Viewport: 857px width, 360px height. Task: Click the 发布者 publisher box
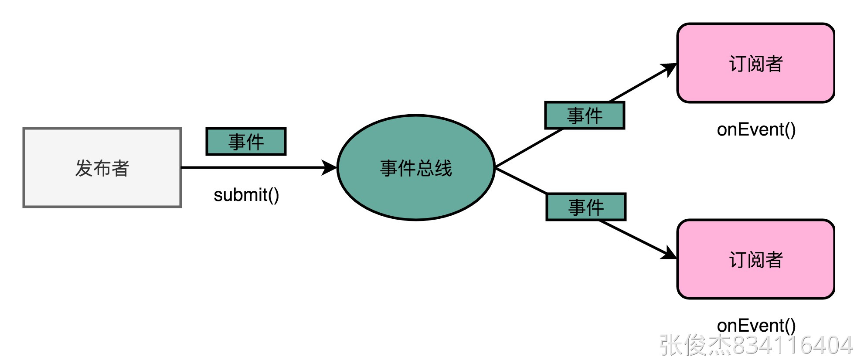tap(102, 168)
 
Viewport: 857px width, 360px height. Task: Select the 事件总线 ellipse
tap(416, 168)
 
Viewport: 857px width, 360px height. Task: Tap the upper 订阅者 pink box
tap(755, 63)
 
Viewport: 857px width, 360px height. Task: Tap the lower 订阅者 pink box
tap(755, 259)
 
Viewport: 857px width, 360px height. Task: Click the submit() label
tap(246, 195)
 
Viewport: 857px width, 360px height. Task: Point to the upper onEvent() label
tap(756, 129)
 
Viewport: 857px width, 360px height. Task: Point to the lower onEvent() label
tap(756, 326)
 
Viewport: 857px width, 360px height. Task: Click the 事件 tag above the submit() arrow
tap(246, 142)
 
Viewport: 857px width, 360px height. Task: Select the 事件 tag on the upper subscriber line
tap(585, 115)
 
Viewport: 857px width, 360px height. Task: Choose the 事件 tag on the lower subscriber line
tap(586, 207)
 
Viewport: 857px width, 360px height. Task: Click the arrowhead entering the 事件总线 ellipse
tap(330, 168)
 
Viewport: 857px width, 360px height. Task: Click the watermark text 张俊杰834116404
tap(756, 345)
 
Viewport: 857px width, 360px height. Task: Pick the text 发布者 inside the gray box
tap(102, 168)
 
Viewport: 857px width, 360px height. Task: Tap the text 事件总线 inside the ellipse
tap(416, 168)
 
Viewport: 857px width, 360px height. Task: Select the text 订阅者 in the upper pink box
tap(756, 64)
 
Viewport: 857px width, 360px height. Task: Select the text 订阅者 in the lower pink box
tap(756, 260)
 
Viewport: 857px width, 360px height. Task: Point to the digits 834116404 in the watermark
tap(793, 345)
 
